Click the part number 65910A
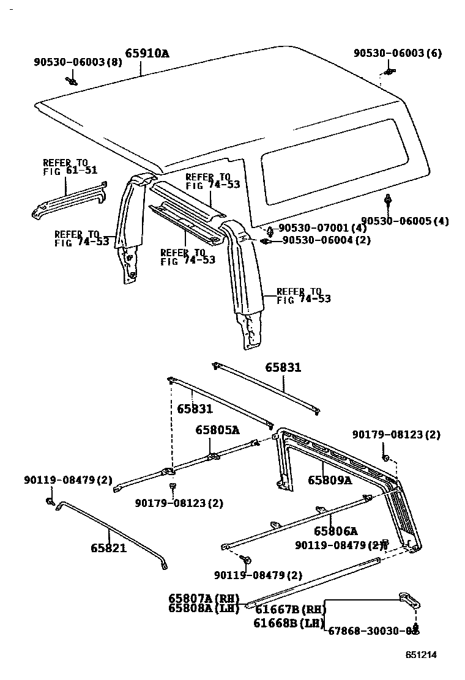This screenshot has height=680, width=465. [x=147, y=53]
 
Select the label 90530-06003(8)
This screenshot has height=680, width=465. [x=78, y=62]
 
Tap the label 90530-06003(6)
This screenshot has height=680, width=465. [x=397, y=53]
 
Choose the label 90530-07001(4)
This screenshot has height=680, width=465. [x=322, y=228]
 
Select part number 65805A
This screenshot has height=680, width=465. [x=217, y=430]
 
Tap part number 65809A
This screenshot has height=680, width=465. [x=330, y=480]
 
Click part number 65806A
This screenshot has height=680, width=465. [x=335, y=531]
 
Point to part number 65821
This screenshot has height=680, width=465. [x=108, y=548]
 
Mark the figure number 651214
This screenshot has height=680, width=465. [x=421, y=654]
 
